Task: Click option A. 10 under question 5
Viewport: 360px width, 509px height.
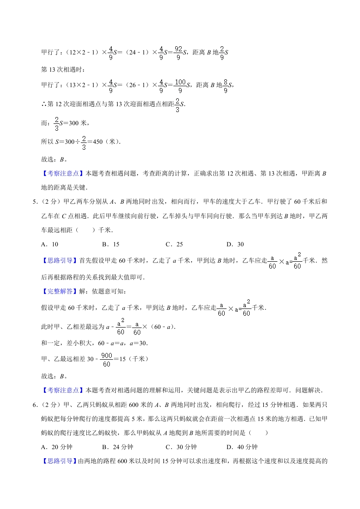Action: (49, 244)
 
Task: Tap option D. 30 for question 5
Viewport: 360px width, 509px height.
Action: (235, 244)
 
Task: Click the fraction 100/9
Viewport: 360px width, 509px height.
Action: (181, 85)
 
